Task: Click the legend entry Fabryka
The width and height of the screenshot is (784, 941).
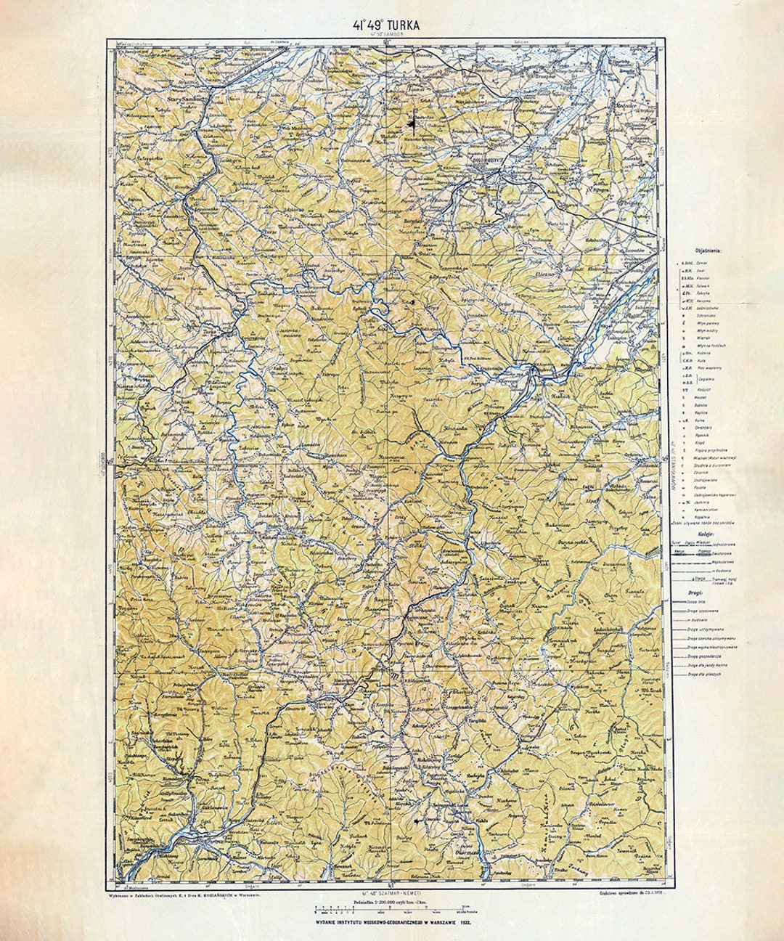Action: click(x=703, y=293)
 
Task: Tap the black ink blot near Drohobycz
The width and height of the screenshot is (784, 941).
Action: click(x=412, y=124)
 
